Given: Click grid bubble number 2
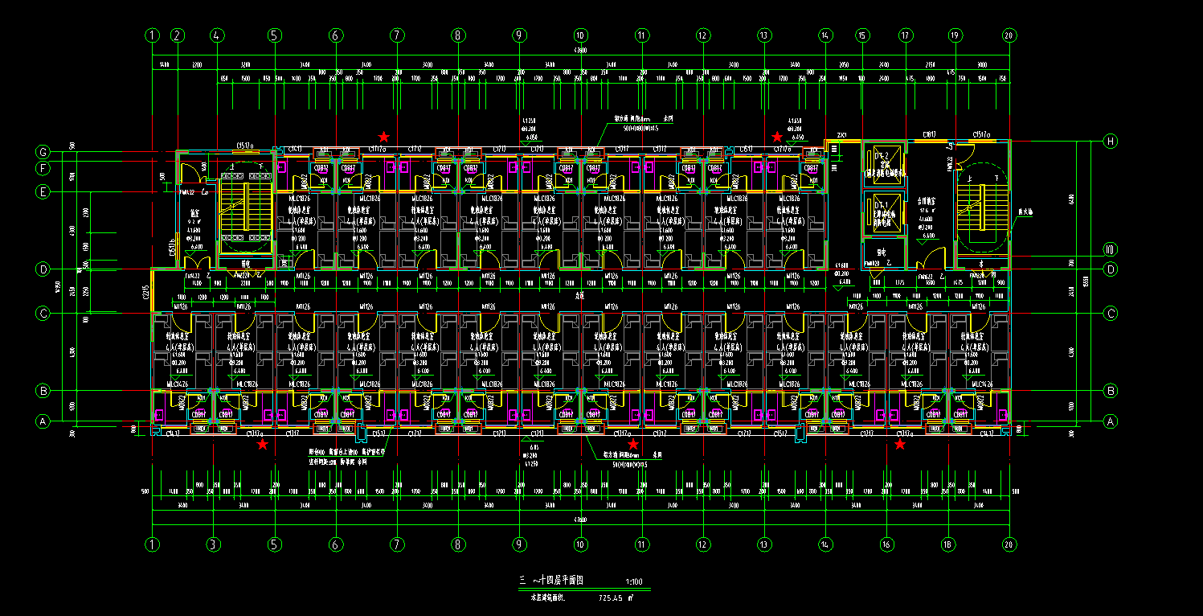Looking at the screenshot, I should [x=178, y=35].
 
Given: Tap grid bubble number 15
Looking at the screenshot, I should [x=862, y=35].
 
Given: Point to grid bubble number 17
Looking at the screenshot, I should [x=906, y=35].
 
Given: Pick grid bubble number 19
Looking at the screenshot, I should [x=955, y=35].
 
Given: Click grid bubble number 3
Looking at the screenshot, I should [x=213, y=544].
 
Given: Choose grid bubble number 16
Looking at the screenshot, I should [x=887, y=544].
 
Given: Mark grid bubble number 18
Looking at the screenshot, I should [x=948, y=544].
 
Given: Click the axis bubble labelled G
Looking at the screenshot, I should [x=43, y=152].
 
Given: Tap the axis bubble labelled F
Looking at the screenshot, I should [x=43, y=168].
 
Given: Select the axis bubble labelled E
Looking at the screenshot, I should [x=43, y=191].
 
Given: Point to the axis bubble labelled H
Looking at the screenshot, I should [x=1111, y=142].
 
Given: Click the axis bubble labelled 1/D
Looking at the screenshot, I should [x=1111, y=248].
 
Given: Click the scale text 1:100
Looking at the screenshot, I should [x=633, y=582].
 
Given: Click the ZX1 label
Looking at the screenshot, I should [x=842, y=135].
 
